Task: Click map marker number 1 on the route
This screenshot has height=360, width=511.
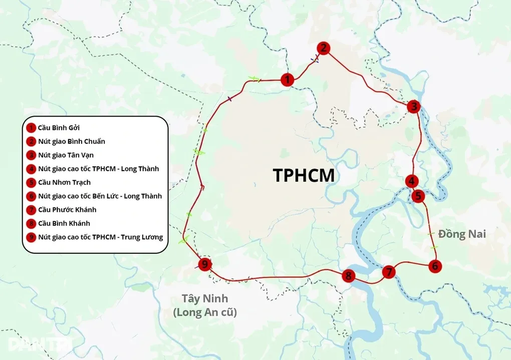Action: pos(287,80)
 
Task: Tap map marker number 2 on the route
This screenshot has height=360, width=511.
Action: pos(324,48)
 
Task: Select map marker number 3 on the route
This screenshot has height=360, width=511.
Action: pos(413,106)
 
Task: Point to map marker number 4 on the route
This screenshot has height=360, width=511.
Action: pos(412,181)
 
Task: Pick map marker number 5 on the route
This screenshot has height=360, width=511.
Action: pos(419,195)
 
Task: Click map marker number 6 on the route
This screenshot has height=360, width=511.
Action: pos(435,266)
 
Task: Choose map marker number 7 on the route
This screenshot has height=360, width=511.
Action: pos(389,272)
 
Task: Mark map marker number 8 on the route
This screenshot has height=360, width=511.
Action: pos(349,276)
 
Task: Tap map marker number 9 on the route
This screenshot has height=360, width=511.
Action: pos(204,264)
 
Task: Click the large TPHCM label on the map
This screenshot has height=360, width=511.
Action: pos(303,176)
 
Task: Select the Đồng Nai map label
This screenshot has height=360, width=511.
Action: pos(462,234)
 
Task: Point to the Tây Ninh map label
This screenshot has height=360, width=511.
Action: pos(204,299)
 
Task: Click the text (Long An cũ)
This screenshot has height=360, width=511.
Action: pos(204,312)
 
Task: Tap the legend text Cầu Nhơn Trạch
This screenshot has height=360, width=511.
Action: pos(64,182)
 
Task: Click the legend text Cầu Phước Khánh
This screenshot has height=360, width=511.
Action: pos(67,210)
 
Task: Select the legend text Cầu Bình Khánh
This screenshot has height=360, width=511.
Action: pos(64,223)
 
